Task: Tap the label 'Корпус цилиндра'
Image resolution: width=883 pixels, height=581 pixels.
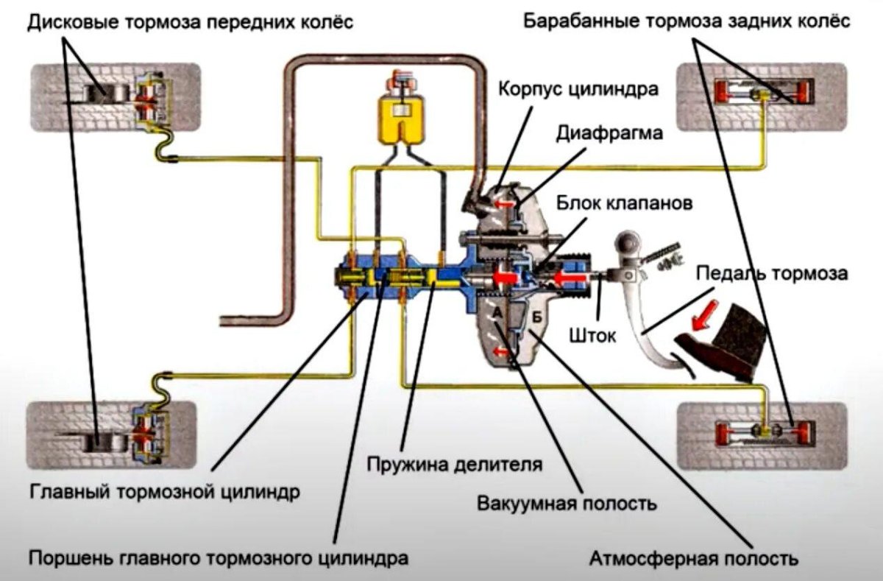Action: (x=577, y=90)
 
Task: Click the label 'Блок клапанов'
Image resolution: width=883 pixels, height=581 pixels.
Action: (x=624, y=203)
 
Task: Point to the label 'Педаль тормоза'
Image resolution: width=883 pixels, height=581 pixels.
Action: (x=771, y=274)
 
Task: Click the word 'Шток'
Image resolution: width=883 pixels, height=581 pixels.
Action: (x=592, y=334)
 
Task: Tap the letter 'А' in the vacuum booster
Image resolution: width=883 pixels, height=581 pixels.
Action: (x=497, y=313)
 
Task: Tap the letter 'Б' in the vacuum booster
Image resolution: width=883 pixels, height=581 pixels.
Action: (x=537, y=317)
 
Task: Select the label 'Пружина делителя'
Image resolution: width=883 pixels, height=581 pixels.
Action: (x=455, y=465)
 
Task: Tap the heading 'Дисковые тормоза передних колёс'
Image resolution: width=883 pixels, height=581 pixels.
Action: (x=191, y=24)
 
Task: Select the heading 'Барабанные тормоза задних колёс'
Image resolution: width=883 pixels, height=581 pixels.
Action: (x=687, y=21)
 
